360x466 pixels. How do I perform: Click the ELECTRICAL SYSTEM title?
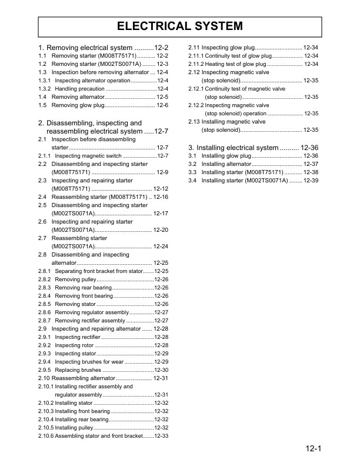[179, 26]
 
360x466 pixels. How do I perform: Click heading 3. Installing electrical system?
[253, 147]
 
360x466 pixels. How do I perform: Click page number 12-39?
[311, 181]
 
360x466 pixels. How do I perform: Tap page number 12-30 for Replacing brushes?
[161, 370]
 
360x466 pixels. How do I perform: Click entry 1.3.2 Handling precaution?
[79, 88]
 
